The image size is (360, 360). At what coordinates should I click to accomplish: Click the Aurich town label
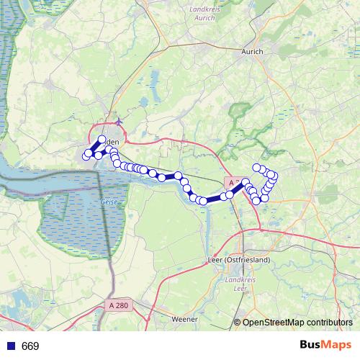[x=252, y=52]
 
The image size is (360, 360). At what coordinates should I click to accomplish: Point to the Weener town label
[x=184, y=318]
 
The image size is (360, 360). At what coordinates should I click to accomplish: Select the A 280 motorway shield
[x=121, y=305]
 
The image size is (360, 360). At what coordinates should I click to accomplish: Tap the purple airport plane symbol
[x=117, y=121]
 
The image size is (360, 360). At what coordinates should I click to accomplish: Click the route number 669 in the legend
[x=30, y=346]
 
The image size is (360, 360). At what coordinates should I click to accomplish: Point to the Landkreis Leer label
[x=235, y=283]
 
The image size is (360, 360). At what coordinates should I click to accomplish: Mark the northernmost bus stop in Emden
[x=102, y=140]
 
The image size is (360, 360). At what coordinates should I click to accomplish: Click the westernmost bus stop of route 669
[x=86, y=156]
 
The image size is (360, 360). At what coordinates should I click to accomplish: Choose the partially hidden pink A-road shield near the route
[x=232, y=184]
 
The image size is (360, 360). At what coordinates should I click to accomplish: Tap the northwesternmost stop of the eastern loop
[x=256, y=168]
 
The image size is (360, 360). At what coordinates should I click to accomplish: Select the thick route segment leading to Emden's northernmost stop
[x=95, y=147]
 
